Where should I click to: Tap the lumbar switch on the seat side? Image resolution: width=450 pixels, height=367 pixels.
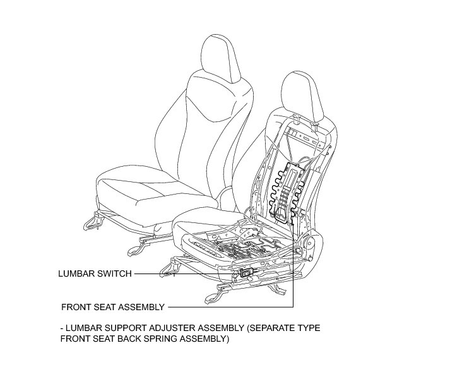pos(247,272)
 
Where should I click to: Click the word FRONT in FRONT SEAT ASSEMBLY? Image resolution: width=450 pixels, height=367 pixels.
pos(76,307)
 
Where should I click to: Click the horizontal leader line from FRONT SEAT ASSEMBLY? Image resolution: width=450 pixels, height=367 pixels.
pos(227,307)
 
